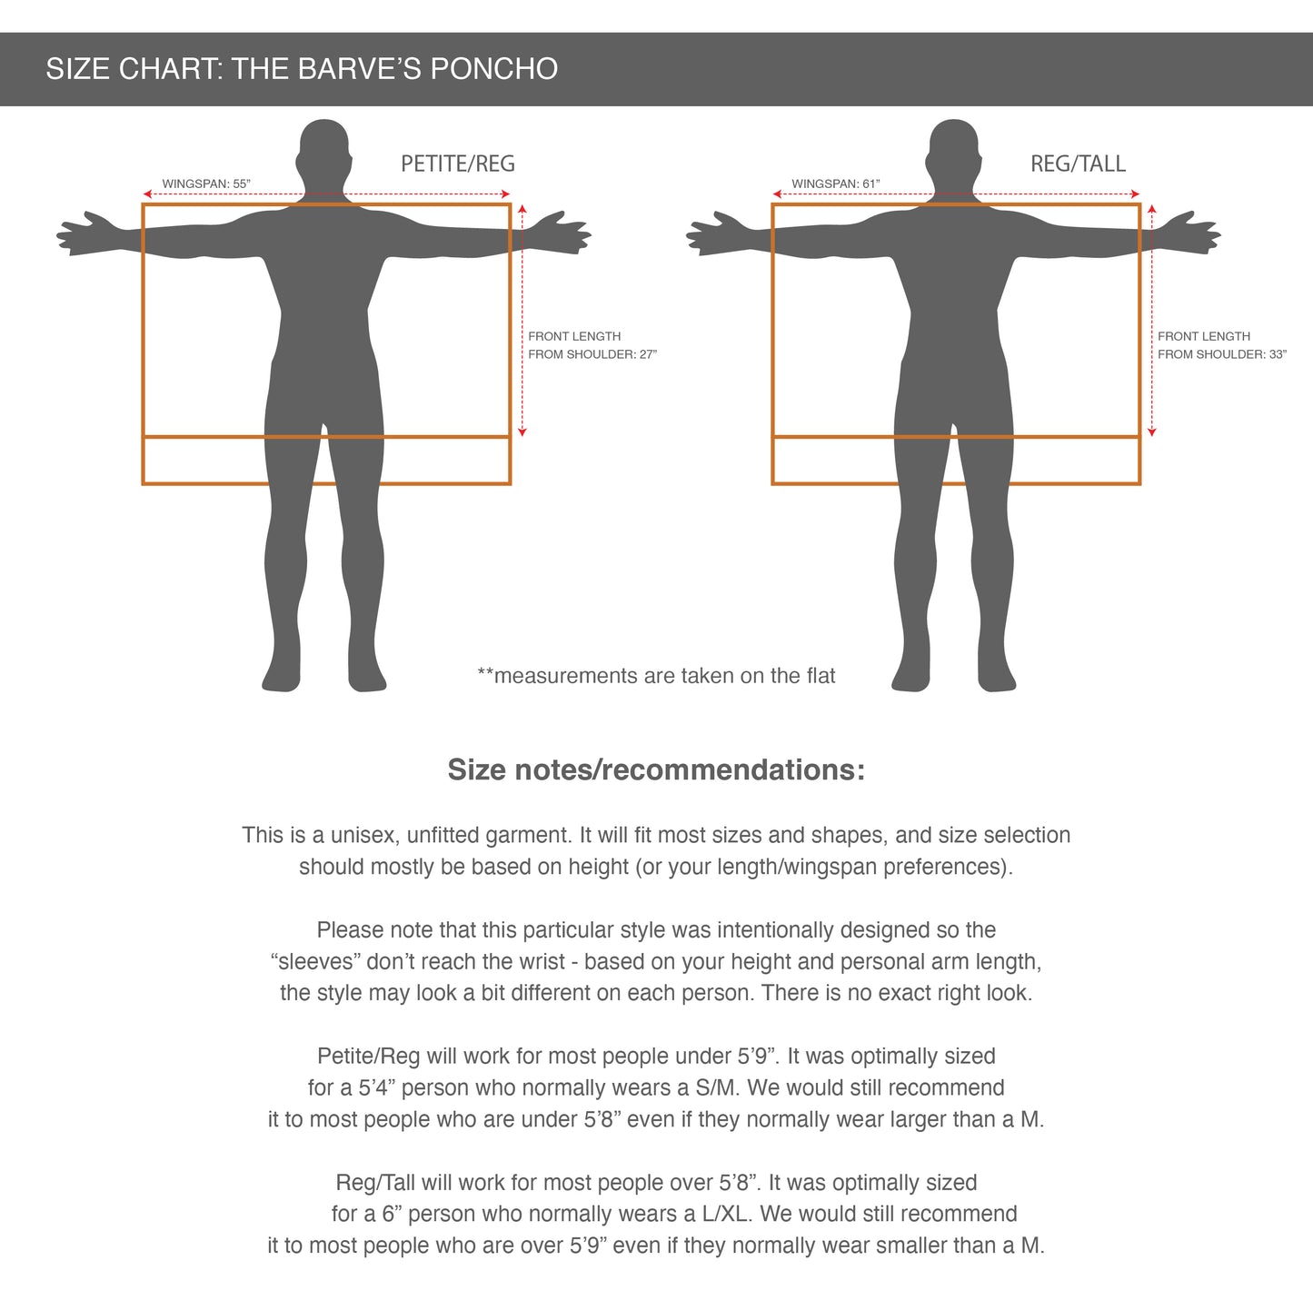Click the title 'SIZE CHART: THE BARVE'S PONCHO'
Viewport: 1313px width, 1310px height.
pos(302,69)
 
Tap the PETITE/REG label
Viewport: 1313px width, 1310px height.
pos(458,164)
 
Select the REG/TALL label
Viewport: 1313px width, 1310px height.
pos(1078,164)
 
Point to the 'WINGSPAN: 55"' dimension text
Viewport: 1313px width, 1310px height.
pos(206,184)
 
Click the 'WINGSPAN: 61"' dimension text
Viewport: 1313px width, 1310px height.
pos(836,184)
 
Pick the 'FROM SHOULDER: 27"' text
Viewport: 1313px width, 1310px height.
pos(592,354)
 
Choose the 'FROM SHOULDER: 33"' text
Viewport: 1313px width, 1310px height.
pos(1222,354)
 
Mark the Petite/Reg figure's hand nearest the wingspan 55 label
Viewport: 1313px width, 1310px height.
pos(92,233)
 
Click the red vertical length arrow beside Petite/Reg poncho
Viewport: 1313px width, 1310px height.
pos(522,320)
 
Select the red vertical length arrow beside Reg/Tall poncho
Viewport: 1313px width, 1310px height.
pos(1152,320)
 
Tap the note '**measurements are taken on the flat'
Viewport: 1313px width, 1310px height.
pos(656,676)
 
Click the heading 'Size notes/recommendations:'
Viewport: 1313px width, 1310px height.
pos(656,769)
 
